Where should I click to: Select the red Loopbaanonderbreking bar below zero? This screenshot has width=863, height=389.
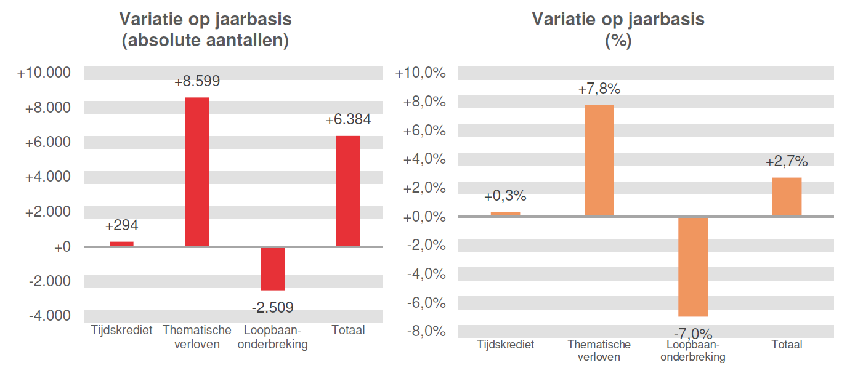[272, 268]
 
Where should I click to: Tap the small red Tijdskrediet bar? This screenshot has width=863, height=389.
[121, 243]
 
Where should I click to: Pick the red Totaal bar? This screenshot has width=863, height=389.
[348, 191]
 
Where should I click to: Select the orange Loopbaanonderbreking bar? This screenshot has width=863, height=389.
[693, 266]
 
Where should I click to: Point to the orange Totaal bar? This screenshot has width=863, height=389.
[787, 196]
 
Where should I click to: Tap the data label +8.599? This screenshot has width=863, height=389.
[197, 81]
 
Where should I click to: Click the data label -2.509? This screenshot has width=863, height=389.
[272, 307]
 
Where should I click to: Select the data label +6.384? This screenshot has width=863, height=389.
[348, 120]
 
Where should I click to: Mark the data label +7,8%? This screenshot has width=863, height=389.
[599, 89]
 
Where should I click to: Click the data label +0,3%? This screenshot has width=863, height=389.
[505, 196]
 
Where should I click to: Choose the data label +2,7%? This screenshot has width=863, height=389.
[787, 161]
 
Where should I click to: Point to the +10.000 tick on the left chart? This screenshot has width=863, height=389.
[44, 73]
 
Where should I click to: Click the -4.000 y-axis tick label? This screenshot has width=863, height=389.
[49, 316]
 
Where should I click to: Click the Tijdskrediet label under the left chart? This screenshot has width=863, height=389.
[121, 331]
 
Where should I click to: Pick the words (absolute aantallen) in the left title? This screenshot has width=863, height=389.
[206, 41]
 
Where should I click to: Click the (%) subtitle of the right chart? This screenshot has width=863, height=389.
[618, 41]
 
